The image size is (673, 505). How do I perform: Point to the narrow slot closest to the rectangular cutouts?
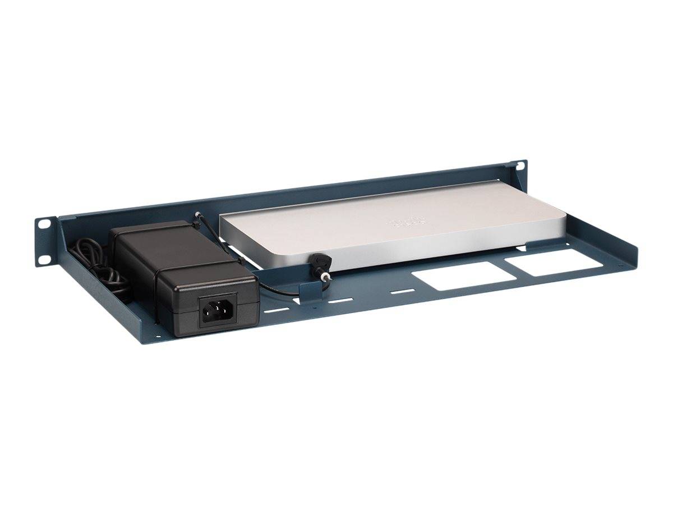(402, 292)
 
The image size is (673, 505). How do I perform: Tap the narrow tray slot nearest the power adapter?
(274, 310)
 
